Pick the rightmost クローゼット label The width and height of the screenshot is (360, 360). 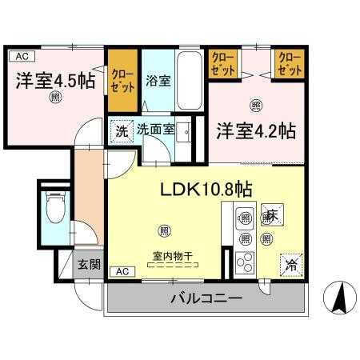click(290, 65)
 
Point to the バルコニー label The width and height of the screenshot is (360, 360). click(206, 299)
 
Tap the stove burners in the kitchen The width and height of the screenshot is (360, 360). click(244, 263)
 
